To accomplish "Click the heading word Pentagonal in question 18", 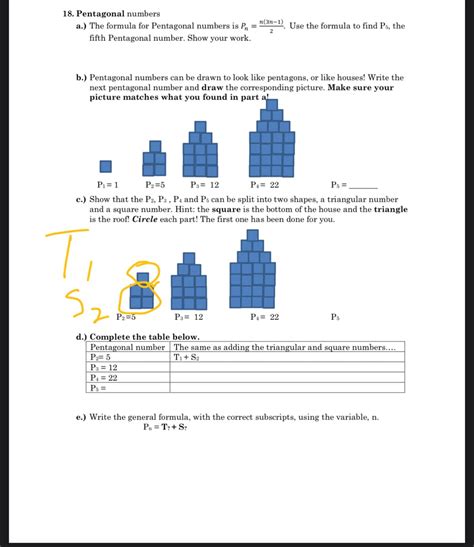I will pos(109,14).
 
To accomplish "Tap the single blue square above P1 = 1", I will pos(105,166).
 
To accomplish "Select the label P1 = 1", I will pos(108,185).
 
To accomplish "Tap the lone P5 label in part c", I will pos(336,316).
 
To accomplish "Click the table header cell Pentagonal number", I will pos(128,347).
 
